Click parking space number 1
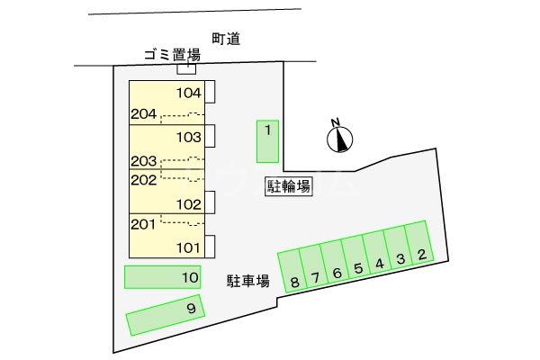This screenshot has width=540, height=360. tap(267, 140)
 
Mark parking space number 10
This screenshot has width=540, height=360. tap(164, 277)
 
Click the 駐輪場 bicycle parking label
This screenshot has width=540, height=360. tap(289, 187)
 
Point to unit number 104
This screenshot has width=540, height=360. tap(188, 93)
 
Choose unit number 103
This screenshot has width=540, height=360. tap(188, 138)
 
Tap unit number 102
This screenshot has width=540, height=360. tap(188, 203)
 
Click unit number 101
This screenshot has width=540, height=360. tap(188, 247)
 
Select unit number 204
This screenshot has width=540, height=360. tap(144, 114)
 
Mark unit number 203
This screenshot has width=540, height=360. tap(144, 161)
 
